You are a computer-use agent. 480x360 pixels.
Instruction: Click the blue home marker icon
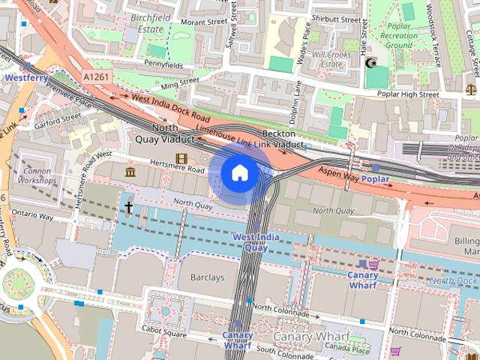239,173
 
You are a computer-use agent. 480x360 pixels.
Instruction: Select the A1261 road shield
96,77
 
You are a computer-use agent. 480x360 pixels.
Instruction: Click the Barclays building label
206,277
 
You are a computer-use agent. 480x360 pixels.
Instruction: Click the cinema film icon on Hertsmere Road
180,158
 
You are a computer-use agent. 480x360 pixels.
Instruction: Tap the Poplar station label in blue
376,180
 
